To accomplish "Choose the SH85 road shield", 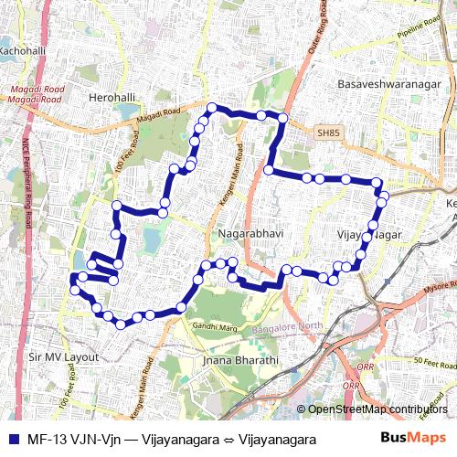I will click(x=327, y=133).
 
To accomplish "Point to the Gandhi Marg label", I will click(x=216, y=326).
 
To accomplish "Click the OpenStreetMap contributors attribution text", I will click(x=377, y=409).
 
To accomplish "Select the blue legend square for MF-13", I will click(x=9, y=439).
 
